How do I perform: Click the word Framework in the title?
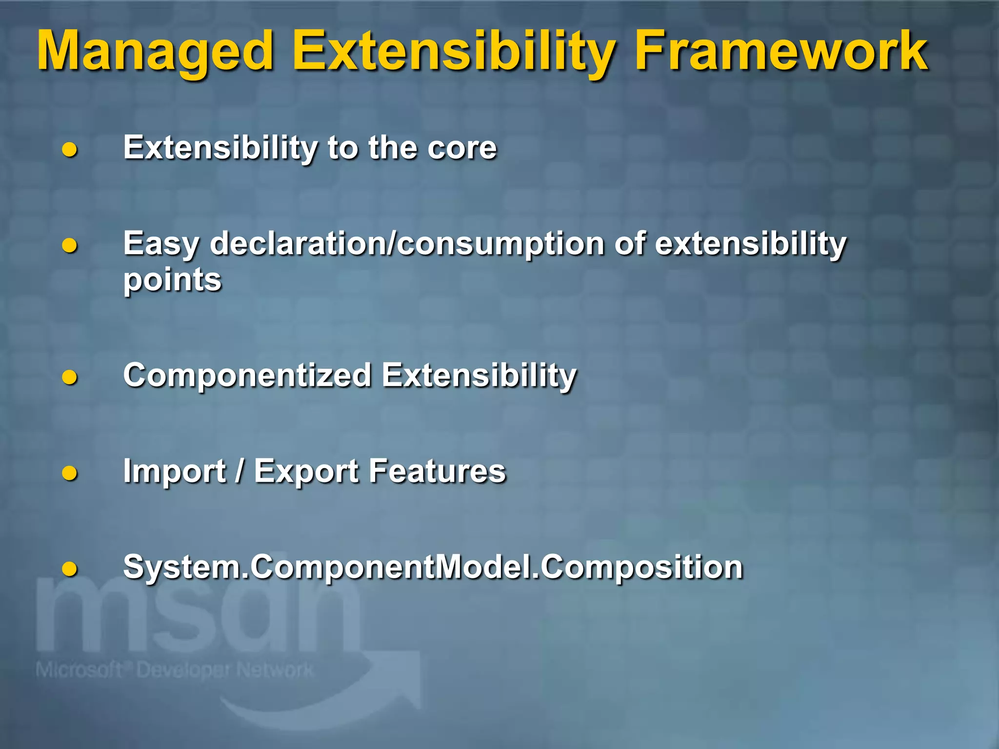[780, 51]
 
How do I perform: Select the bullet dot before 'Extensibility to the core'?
[70, 149]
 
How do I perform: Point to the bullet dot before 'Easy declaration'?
[70, 245]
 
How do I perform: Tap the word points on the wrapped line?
[172, 280]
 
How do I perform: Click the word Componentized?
[247, 375]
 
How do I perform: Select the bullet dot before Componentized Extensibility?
[70, 377]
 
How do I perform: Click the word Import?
[174, 472]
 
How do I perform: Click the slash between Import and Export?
[239, 472]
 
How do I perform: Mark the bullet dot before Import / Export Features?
[70, 473]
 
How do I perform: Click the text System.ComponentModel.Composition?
[432, 567]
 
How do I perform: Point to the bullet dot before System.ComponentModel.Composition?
[70, 569]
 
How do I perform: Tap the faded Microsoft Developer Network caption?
[174, 670]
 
